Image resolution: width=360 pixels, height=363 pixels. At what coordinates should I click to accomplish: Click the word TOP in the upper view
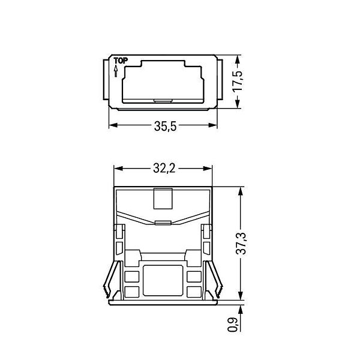(x=121, y=61)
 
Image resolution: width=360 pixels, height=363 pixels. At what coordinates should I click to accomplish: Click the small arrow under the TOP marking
(x=116, y=71)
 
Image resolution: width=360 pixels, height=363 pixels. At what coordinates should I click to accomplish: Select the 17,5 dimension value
(x=238, y=81)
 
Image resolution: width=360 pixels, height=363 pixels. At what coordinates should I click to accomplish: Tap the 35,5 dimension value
(x=165, y=127)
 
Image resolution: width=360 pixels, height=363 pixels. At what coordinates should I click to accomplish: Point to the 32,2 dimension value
(x=164, y=169)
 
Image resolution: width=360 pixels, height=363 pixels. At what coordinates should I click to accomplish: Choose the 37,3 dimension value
(x=241, y=244)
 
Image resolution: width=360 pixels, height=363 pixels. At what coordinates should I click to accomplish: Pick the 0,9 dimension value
(x=233, y=325)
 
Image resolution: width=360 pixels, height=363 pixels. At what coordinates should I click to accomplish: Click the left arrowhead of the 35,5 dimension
(x=113, y=125)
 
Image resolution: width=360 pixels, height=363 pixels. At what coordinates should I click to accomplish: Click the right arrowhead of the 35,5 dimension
(x=213, y=125)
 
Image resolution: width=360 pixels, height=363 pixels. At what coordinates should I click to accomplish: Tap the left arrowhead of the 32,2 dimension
(x=118, y=169)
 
